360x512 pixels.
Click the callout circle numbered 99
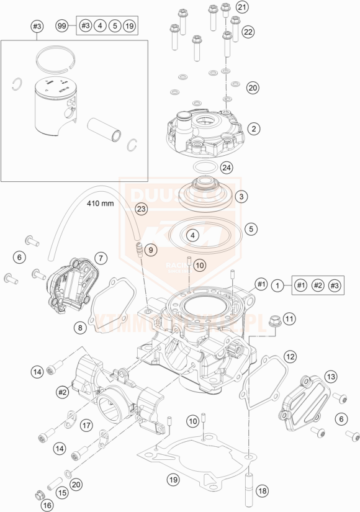tap(61, 26)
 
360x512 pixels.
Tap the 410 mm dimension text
tap(100, 204)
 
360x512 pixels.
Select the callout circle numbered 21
tap(241, 7)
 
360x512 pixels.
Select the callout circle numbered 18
tap(263, 491)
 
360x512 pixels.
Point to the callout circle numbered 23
tap(142, 209)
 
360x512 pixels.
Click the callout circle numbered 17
tap(86, 426)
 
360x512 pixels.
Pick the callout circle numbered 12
tap(290, 356)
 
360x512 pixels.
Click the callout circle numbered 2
tap(253, 128)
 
